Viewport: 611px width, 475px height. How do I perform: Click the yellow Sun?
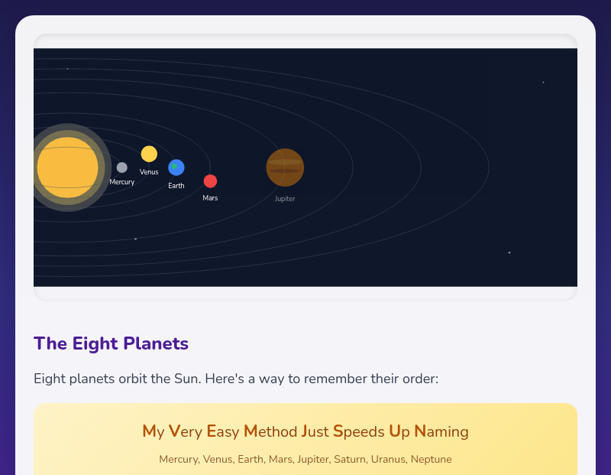click(x=67, y=168)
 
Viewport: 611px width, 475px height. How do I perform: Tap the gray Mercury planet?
click(x=122, y=168)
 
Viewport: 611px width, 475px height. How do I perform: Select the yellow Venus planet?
click(x=149, y=154)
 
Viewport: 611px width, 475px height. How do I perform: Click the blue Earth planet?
click(x=176, y=168)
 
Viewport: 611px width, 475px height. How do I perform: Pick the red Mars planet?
click(x=210, y=181)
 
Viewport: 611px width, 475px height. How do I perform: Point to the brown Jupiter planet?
click(x=285, y=168)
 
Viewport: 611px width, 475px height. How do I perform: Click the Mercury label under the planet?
click(x=122, y=182)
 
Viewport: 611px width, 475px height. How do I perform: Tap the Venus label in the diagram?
click(x=149, y=172)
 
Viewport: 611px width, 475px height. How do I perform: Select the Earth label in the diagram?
click(x=176, y=186)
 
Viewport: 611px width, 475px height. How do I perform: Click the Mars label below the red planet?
click(x=210, y=198)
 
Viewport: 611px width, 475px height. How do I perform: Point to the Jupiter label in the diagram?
click(x=285, y=199)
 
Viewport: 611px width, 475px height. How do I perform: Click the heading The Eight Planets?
click(x=111, y=343)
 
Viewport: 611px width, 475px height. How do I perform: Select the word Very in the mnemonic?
click(x=186, y=431)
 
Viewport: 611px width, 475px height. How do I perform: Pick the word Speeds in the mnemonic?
click(x=359, y=431)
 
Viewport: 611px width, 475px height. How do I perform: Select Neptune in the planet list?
click(x=432, y=460)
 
